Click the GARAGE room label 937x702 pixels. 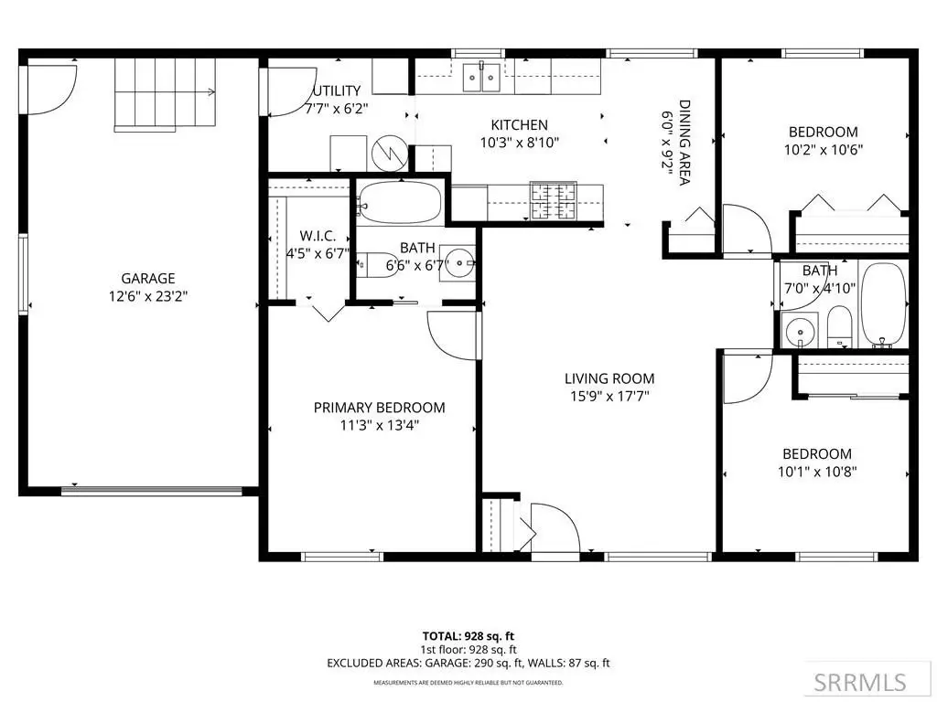point(148,278)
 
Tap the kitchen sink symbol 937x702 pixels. point(481,77)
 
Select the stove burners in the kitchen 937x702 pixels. point(554,201)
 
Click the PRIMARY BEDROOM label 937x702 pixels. point(380,408)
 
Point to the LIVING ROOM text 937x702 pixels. point(609,378)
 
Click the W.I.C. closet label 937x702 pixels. point(318,236)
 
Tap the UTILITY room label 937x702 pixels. point(338,90)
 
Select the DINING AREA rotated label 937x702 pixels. point(684,142)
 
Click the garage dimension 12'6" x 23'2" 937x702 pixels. point(148,296)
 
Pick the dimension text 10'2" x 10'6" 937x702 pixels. point(824,150)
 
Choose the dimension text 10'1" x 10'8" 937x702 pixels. point(817,472)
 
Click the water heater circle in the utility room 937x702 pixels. point(390,154)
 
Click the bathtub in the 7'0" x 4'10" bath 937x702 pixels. point(885,304)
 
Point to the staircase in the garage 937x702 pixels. point(165,94)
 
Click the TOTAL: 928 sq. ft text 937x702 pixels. point(468,636)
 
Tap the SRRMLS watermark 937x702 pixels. point(860,682)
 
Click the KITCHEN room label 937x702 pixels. point(520,124)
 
